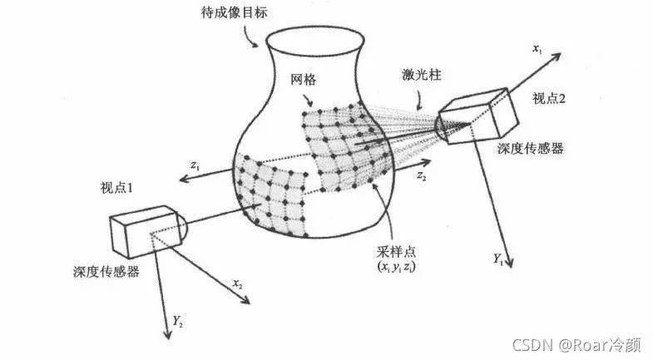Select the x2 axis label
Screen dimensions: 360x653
pos(238,284)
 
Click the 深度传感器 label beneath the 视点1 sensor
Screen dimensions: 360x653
pos(104,272)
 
